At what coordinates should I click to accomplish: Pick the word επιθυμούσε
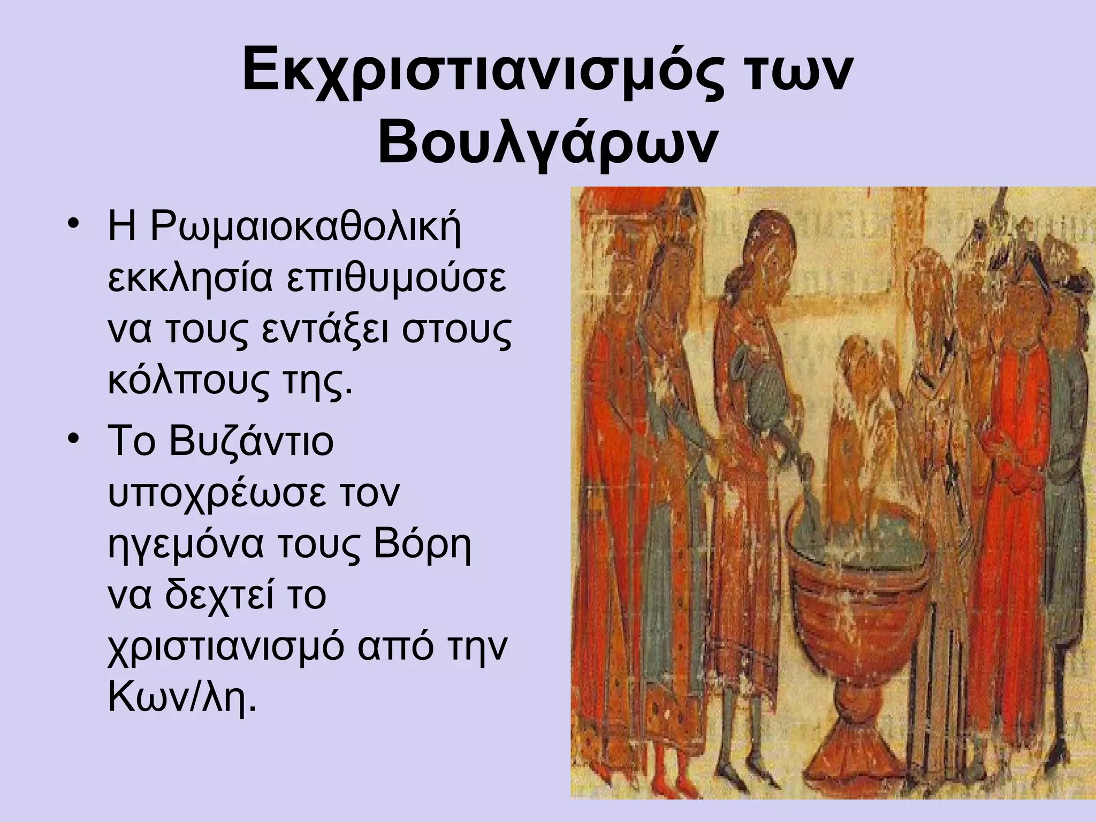pos(396,280)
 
